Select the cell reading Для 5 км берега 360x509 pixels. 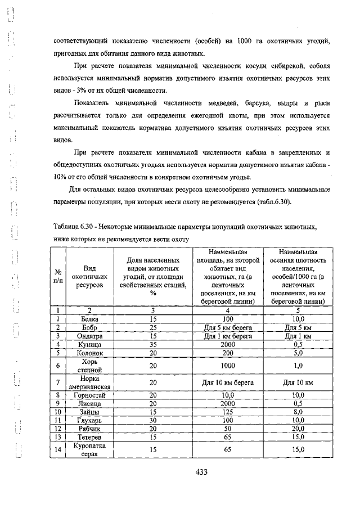(x=227, y=327)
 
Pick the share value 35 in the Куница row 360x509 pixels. (x=152, y=344)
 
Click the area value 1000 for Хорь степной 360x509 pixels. (x=227, y=365)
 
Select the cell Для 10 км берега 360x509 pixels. (x=227, y=382)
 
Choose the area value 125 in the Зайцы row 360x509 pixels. (x=227, y=412)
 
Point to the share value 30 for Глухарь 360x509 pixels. (x=152, y=420)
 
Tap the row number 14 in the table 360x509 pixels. (x=57, y=449)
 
